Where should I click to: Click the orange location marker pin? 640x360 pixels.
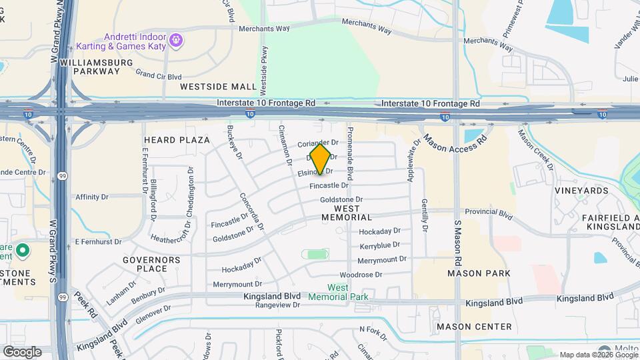tap(321, 159)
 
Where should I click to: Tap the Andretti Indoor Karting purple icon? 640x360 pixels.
tap(175, 41)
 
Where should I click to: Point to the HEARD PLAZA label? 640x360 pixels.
tap(177, 140)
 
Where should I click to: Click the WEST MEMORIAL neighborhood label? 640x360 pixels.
tap(347, 213)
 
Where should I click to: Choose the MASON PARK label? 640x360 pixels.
tap(479, 273)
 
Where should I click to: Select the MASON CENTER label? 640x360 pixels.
tap(474, 327)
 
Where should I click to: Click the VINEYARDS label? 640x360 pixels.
tap(581, 191)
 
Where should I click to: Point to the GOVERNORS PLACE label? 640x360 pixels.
tap(152, 264)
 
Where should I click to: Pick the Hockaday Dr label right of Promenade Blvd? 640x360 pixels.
tap(379, 231)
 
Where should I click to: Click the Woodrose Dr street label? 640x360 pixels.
tap(361, 275)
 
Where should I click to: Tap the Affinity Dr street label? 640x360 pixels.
tap(92, 197)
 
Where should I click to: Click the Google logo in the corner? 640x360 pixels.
tap(22, 352)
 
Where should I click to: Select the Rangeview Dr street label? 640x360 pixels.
tap(278, 305)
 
